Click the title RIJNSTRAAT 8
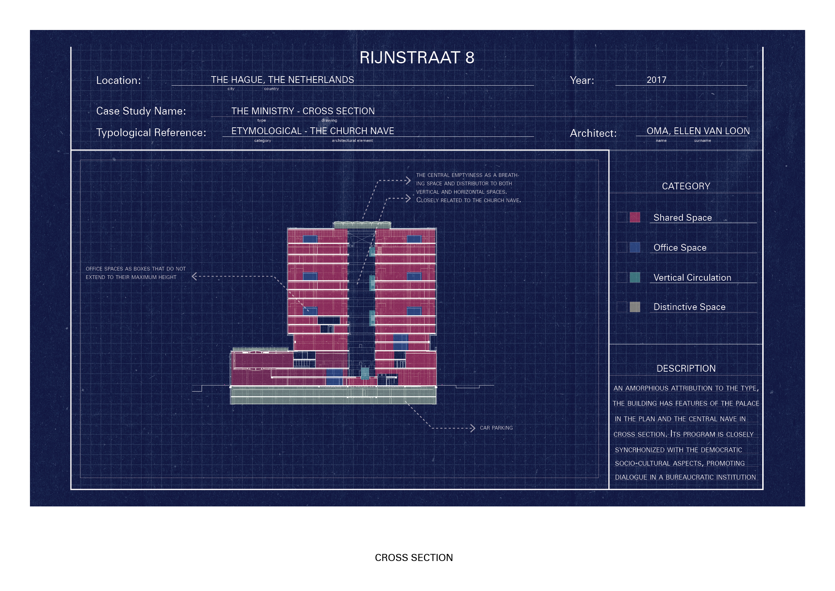point(417,58)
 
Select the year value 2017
point(656,80)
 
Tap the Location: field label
point(118,81)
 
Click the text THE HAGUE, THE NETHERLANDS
point(282,80)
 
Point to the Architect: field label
point(593,133)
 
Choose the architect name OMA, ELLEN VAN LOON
point(698,131)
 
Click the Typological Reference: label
point(151,133)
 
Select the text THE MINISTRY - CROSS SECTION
point(303,111)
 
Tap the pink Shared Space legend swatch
point(635,217)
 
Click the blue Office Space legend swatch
point(635,247)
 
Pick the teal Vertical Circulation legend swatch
point(635,277)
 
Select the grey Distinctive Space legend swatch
point(635,307)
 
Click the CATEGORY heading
point(686,186)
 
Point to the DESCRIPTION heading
point(686,368)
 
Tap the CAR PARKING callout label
point(496,428)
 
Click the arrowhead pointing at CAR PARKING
point(473,428)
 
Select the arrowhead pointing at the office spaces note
point(194,277)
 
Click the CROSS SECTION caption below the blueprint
point(414,558)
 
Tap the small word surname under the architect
point(702,141)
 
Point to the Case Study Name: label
point(141,111)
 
